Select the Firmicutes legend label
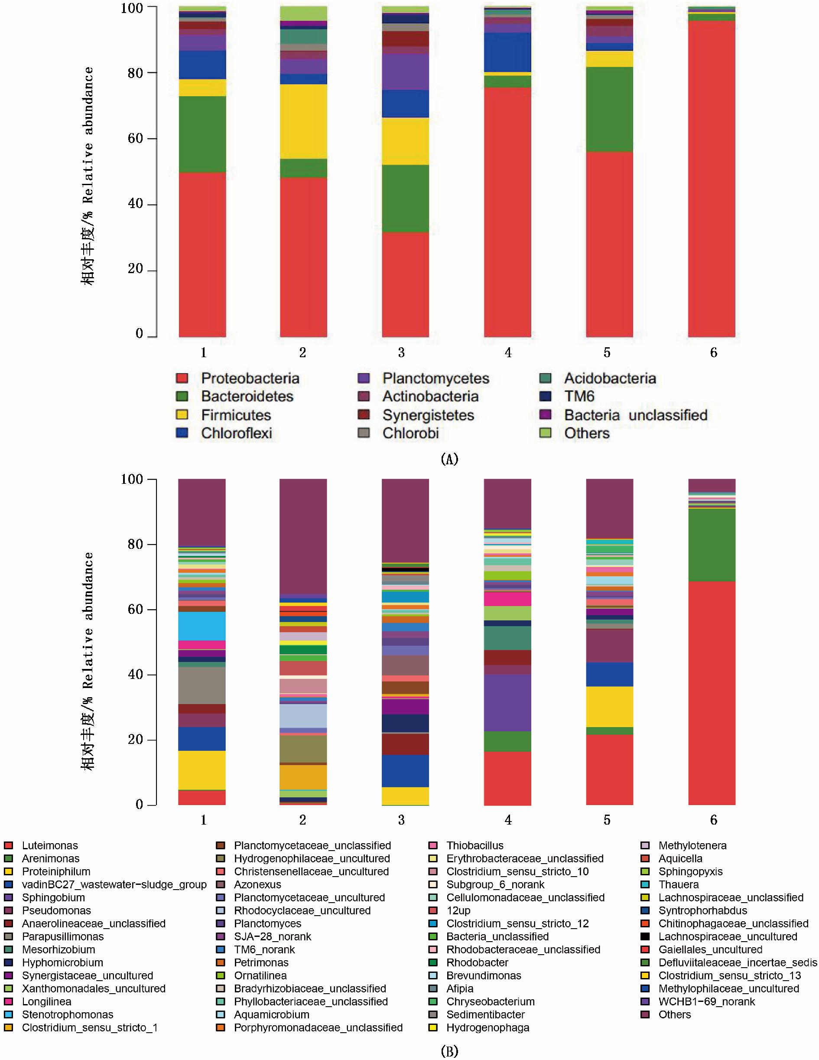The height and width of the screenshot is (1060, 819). [x=236, y=415]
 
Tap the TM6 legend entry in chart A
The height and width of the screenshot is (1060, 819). [x=579, y=397]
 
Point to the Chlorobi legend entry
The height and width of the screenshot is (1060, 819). [x=410, y=433]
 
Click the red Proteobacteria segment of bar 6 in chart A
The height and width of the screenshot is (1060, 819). [x=711, y=179]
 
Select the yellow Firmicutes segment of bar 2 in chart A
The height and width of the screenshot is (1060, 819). [x=303, y=121]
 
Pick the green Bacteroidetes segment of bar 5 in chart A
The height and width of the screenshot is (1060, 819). [x=609, y=109]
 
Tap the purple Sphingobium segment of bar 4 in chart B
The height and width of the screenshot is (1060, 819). [x=507, y=702]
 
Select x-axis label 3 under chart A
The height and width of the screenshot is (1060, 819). [x=401, y=353]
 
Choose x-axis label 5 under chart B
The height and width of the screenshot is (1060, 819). [x=607, y=820]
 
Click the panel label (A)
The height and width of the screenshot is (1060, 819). [x=449, y=459]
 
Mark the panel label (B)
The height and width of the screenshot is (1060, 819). [x=449, y=1051]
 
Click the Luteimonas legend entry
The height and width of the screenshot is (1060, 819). [x=49, y=845]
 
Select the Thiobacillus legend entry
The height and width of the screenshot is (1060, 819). [x=474, y=845]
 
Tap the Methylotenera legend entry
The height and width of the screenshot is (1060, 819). [x=692, y=845]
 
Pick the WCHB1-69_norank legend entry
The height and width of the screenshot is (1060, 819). [x=706, y=1001]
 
